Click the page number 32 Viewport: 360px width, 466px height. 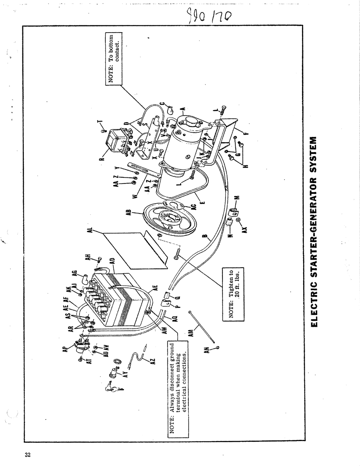click(x=27, y=455)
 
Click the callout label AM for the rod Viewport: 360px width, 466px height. click(x=191, y=333)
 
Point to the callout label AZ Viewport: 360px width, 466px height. click(x=152, y=361)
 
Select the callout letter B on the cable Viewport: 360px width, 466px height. click(x=205, y=238)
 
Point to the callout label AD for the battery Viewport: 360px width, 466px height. click(x=112, y=262)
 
